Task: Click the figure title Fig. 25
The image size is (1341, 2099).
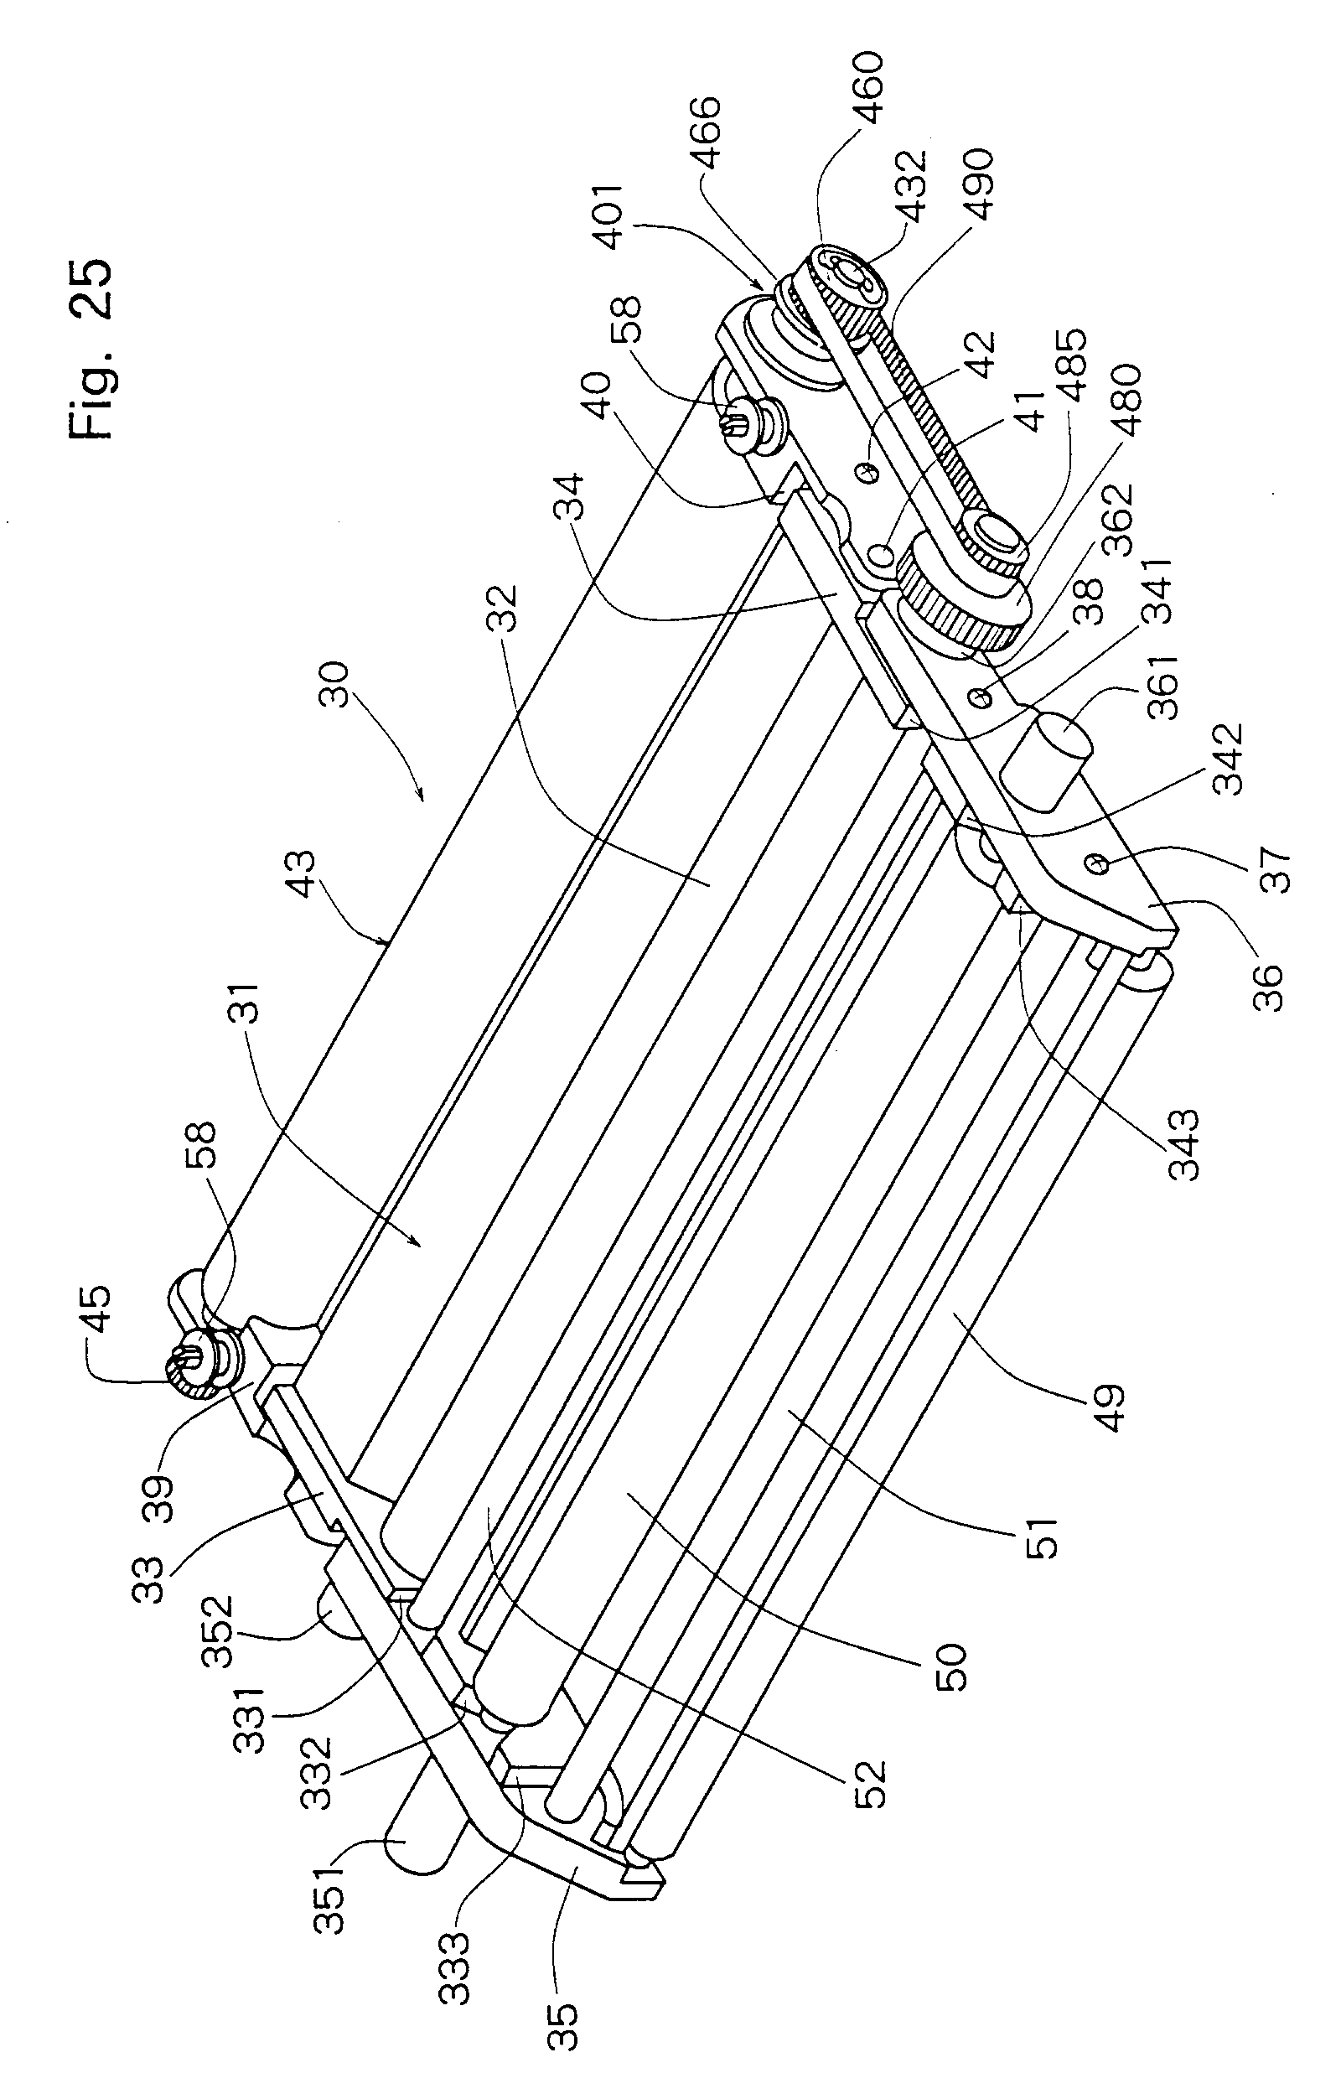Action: (x=91, y=350)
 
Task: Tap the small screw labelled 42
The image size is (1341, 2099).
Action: (x=866, y=472)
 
